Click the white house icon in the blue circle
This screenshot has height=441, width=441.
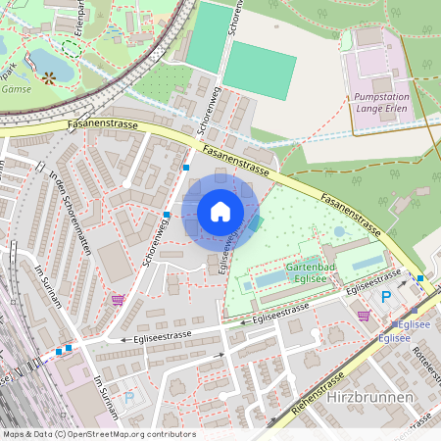(220, 211)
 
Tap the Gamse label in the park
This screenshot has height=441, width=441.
(16, 88)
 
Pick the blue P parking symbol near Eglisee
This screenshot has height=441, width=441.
(385, 297)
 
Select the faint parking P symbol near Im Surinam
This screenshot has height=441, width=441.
(128, 398)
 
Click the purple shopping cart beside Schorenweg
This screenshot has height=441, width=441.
(119, 300)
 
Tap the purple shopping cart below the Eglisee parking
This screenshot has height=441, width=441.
(365, 316)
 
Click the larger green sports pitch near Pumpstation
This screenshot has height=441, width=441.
(260, 69)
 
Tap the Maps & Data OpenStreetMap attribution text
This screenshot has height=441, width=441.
(99, 434)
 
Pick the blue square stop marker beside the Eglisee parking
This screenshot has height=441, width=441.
(419, 279)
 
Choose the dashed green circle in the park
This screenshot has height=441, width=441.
(71, 46)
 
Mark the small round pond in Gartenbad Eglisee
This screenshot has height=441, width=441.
(339, 232)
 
